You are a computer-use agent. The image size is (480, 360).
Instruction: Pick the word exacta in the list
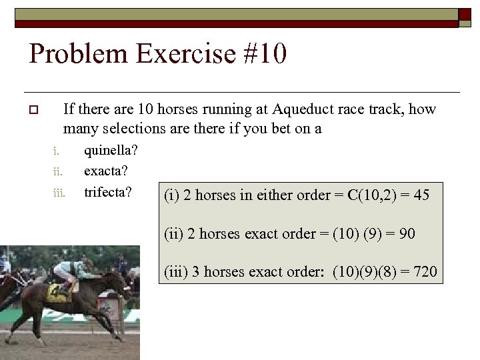click(106, 171)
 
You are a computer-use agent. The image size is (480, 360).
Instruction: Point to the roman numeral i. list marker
click(57, 152)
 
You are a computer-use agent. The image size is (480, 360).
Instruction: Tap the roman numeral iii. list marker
click(58, 193)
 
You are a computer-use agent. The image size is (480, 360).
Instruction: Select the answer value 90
click(407, 234)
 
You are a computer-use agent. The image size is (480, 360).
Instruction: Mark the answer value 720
click(425, 272)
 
